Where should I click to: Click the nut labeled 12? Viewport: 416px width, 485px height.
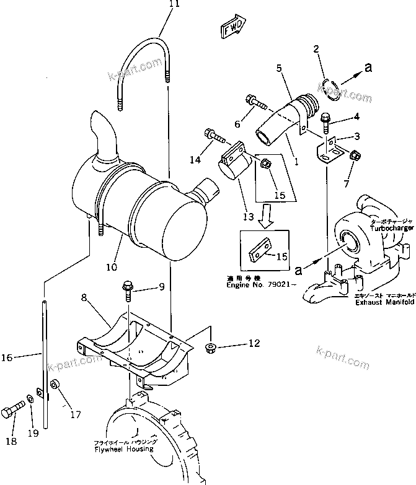[210, 345]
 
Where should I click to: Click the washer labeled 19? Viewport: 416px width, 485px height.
[30, 400]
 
